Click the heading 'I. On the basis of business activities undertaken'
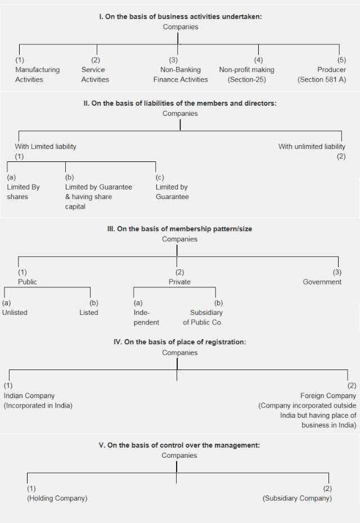tap(180, 17)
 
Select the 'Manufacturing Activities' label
tap(37, 75)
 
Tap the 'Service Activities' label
tap(95, 75)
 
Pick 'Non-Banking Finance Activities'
tap(181, 75)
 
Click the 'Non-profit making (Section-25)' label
tap(247, 75)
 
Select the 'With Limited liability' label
tap(46, 146)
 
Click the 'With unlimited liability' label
tap(312, 146)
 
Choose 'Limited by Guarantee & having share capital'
tap(98, 197)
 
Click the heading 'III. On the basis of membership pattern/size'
tap(180, 229)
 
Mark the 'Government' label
tap(322, 282)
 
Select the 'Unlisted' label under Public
tap(15, 313)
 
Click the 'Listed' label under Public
tap(88, 313)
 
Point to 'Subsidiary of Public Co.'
tap(203, 318)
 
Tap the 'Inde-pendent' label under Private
tap(146, 318)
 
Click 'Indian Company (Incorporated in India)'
tap(38, 400)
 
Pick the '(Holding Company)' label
tap(57, 498)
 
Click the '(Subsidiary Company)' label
tap(297, 498)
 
